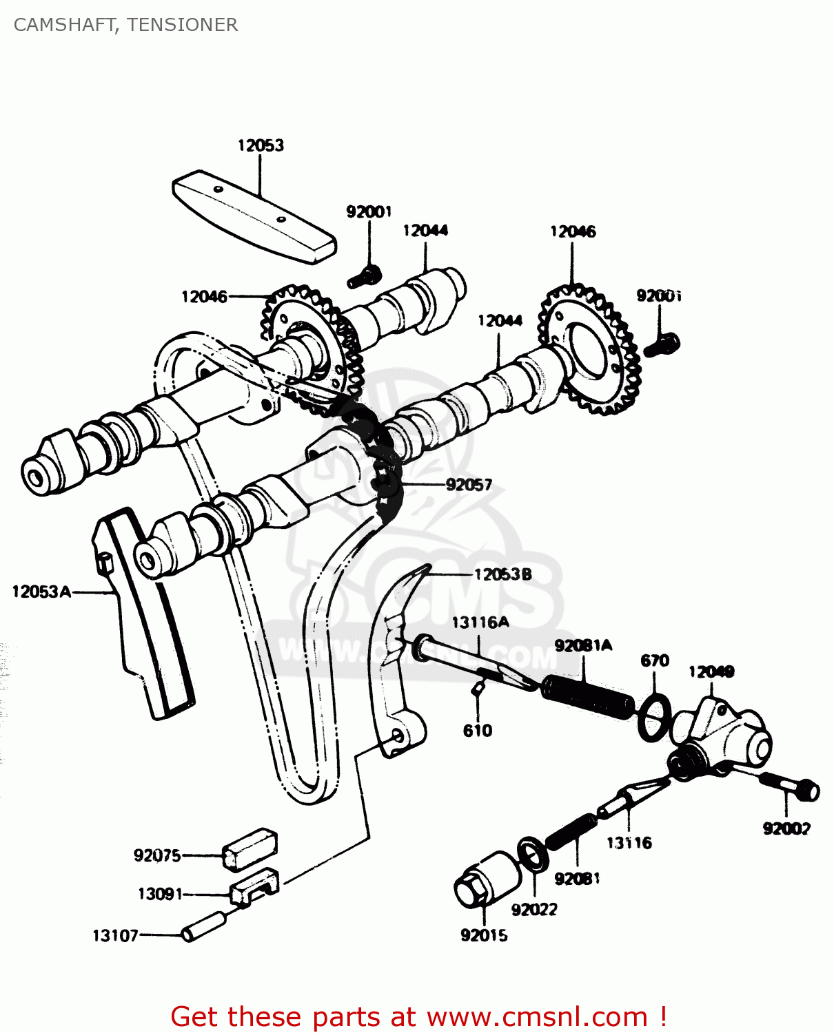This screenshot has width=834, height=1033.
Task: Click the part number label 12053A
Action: click(41, 592)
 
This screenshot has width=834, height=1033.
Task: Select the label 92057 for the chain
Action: click(469, 485)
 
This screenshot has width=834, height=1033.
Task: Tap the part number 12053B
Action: click(502, 574)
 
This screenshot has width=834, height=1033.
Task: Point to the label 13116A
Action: click(480, 623)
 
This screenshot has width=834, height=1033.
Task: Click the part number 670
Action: click(654, 660)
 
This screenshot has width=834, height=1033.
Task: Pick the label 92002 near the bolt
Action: click(786, 828)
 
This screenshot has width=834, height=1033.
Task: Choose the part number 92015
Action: click(484, 935)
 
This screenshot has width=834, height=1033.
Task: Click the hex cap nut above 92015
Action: click(487, 881)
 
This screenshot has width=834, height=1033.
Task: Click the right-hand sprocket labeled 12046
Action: click(589, 351)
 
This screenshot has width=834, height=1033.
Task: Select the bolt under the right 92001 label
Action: click(662, 345)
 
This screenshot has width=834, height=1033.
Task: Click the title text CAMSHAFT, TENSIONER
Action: click(125, 25)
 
